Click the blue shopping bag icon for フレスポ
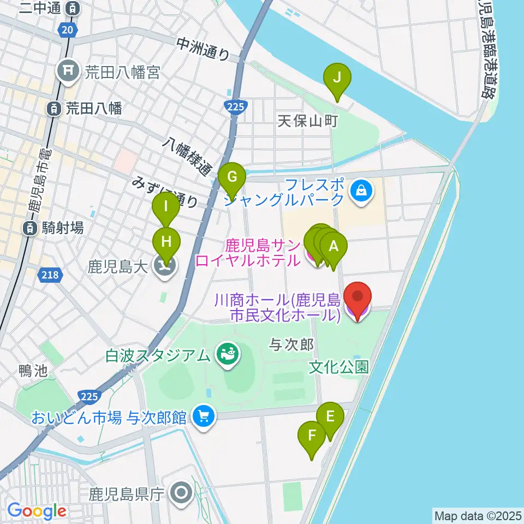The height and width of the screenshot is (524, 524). coord(361,190)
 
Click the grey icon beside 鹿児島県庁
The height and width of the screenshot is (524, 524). coord(181,495)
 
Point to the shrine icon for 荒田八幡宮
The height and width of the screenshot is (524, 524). coord(68,71)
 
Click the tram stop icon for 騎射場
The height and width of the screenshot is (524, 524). coord(31,228)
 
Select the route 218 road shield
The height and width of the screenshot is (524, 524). coord(50,276)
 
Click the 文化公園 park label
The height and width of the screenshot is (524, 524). coord(338,367)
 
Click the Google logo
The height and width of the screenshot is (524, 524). coord(37,511)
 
